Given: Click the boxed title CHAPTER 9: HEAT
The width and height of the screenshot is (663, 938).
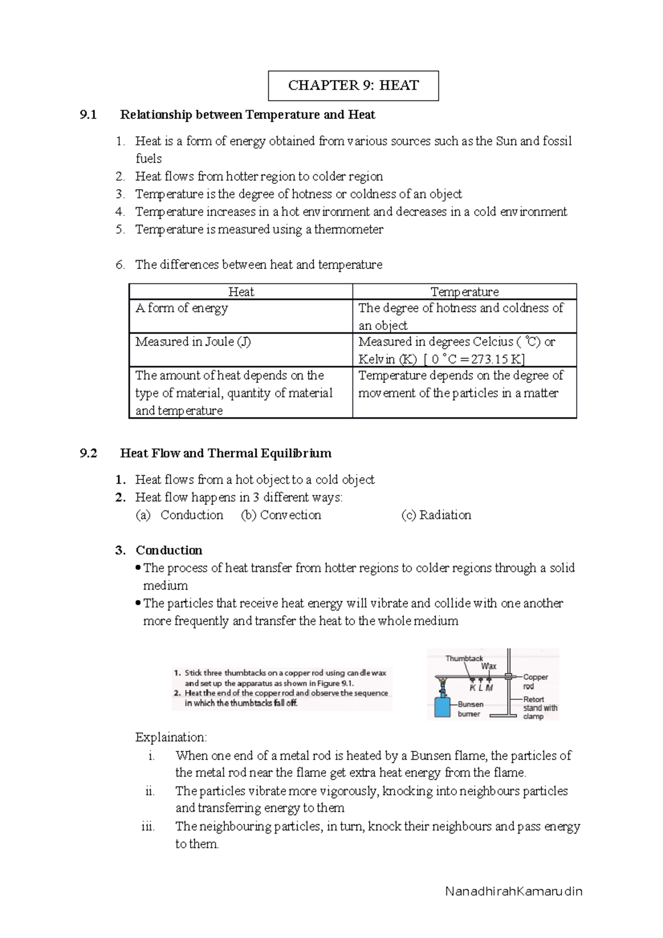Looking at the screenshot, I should coord(354,86).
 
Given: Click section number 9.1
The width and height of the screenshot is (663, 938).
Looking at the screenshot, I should coord(88,115).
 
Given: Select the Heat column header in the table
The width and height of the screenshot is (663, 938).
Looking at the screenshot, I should coord(241,292).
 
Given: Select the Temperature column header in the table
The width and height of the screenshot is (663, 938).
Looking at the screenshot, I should coord(464,292).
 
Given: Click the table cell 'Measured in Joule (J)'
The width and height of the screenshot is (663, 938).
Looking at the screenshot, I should coord(193,342).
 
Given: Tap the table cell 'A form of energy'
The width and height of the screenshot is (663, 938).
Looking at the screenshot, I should coord(182,308).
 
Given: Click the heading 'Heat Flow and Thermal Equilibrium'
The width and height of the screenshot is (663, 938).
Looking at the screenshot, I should coord(225,454).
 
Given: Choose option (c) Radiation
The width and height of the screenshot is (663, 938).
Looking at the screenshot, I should coord(436,515).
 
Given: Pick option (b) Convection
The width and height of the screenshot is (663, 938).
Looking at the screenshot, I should coord(281,515).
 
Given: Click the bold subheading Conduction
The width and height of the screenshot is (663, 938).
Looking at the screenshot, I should coord(169,550).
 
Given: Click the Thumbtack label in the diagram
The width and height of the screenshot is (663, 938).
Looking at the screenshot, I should coord(464,658).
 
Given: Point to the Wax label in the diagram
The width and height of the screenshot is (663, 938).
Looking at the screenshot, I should coord(488,666).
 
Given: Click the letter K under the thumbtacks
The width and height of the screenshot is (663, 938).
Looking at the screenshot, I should coord(472,688).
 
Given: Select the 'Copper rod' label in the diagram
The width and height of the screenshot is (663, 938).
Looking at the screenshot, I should coord(534,681).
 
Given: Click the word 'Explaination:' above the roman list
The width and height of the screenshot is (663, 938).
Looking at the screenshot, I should coord(171,737).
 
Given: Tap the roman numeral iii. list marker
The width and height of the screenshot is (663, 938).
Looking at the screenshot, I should coord(148,827).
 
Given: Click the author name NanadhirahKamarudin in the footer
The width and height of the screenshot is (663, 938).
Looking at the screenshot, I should coord(514,892).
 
